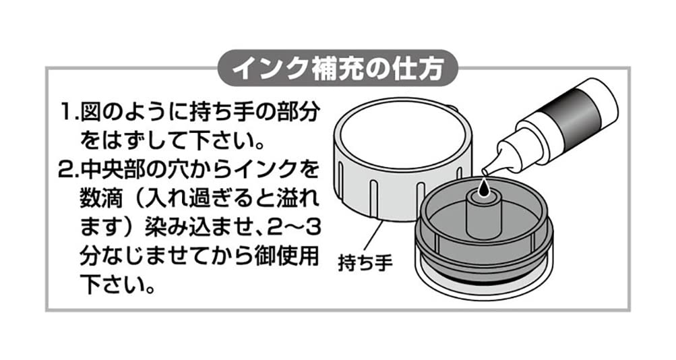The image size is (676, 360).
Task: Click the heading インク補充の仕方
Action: [x=338, y=68]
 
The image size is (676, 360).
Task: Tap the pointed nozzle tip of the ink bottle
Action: [x=485, y=172]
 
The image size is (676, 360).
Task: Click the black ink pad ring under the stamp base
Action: [x=483, y=280]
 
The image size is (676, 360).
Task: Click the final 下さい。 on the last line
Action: [x=117, y=285]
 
